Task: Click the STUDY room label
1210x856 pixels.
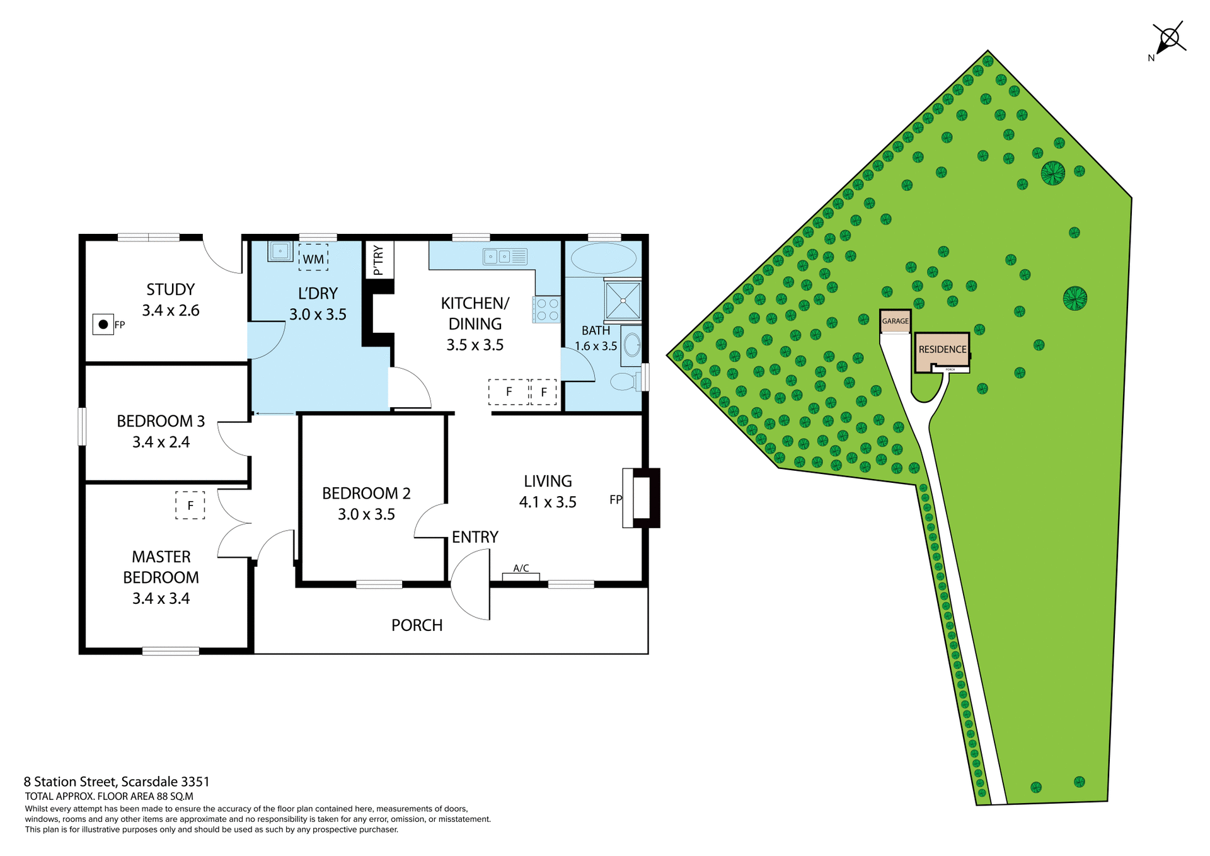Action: coord(170,289)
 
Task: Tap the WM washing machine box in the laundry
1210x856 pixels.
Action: coord(313,258)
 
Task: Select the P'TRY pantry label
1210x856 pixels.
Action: coord(379,260)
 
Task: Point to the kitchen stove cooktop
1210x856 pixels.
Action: coord(546,309)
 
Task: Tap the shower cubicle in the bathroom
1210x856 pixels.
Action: coord(623,301)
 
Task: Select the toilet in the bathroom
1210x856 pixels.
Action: coord(625,381)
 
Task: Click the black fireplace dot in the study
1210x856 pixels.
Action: coord(103,325)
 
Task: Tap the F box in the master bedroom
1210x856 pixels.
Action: coord(190,506)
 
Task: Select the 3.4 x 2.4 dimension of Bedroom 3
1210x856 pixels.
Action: coord(161,442)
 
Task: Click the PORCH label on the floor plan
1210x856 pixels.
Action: coord(417,625)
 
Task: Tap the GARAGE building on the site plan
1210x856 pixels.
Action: coord(895,321)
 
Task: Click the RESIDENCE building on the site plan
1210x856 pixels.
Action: coord(942,350)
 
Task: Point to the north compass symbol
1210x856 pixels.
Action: coord(1170,39)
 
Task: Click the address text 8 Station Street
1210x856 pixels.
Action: coord(117,782)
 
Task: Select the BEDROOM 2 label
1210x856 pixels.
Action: coord(366,493)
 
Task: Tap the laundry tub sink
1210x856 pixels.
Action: coord(280,251)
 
